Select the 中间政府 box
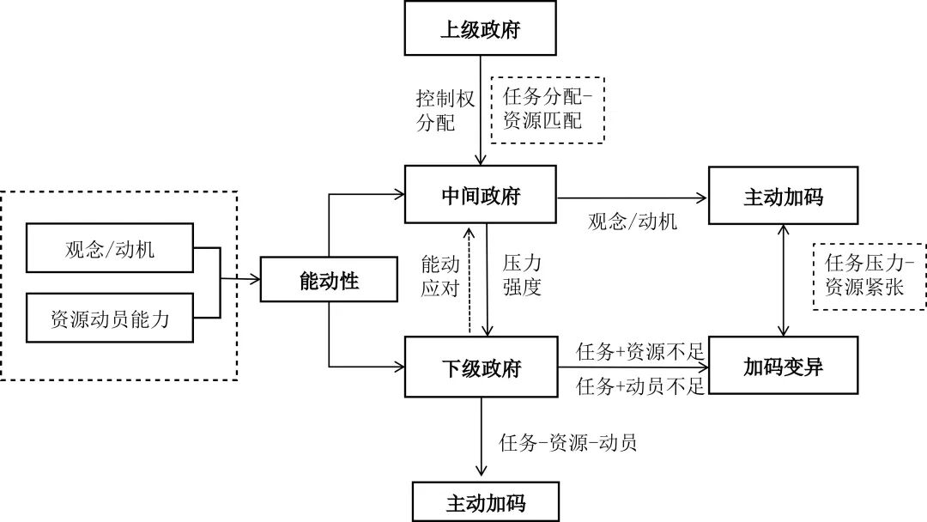click(481, 197)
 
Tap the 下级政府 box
click(481, 368)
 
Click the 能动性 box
click(329, 280)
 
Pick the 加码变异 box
click(783, 368)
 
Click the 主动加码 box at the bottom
click(485, 501)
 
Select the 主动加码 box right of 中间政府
click(783, 197)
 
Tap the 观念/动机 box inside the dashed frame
click(111, 249)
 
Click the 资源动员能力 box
click(111, 319)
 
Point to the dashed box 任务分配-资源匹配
click(548, 109)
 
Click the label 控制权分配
click(444, 110)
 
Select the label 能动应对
click(440, 275)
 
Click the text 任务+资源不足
click(640, 350)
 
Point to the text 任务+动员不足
click(640, 386)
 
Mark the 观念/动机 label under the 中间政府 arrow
click(633, 222)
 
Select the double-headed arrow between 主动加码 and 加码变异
click(783, 282)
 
